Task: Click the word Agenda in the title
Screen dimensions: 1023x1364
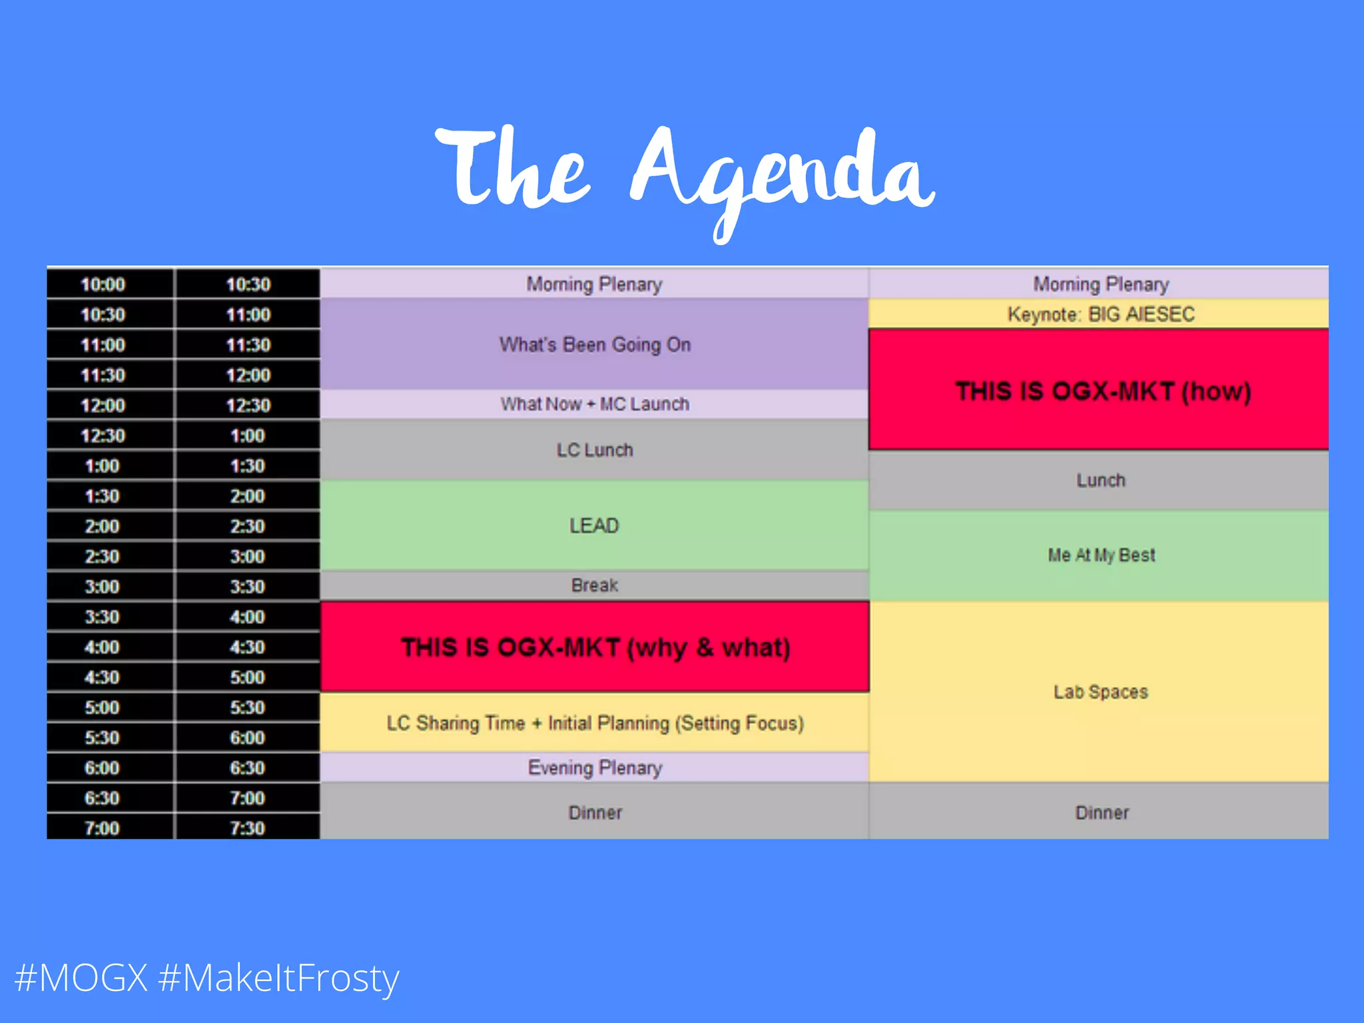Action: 783,174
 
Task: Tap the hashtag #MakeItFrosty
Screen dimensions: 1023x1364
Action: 279,978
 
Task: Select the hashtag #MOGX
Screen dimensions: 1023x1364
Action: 81,978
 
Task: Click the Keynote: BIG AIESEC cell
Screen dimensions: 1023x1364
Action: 1100,314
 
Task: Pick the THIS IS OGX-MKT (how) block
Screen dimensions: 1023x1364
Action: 1100,391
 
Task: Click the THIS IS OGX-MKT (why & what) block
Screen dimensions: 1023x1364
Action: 595,647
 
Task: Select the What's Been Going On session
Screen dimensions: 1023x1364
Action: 595,345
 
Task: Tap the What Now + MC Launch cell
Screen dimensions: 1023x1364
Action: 595,404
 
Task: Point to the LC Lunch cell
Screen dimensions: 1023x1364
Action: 595,450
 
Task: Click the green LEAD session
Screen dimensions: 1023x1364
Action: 595,525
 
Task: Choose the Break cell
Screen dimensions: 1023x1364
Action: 595,585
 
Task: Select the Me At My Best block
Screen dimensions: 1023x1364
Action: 1100,555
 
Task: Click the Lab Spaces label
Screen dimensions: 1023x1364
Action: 1100,692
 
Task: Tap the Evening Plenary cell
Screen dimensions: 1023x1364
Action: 595,768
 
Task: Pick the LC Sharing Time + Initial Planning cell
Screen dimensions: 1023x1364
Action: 595,723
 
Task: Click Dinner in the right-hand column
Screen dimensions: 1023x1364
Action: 1100,813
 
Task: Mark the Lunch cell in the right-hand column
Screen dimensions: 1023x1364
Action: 1100,480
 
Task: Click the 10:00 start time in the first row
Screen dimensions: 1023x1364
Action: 103,284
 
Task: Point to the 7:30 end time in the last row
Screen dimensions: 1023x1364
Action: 248,828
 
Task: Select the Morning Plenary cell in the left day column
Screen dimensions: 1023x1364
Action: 595,284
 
